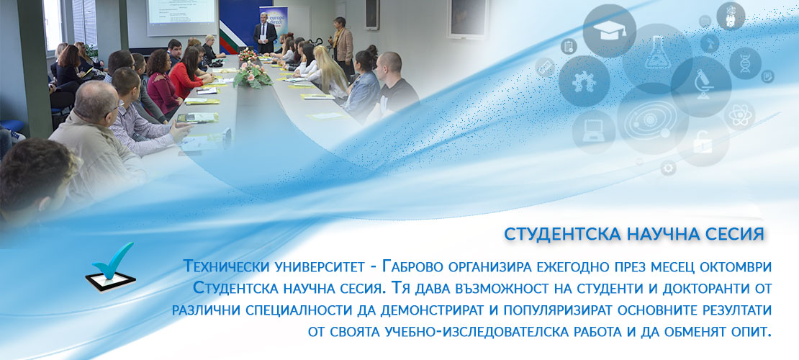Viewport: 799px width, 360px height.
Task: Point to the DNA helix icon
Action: coord(745,63)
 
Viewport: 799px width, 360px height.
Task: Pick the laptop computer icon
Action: coord(594,132)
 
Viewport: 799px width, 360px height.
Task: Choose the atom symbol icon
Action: coord(739,115)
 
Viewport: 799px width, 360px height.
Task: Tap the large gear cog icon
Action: coord(584,81)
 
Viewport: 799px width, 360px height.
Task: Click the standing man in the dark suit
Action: coord(265,33)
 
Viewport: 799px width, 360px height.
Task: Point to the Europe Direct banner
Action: coord(273,23)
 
